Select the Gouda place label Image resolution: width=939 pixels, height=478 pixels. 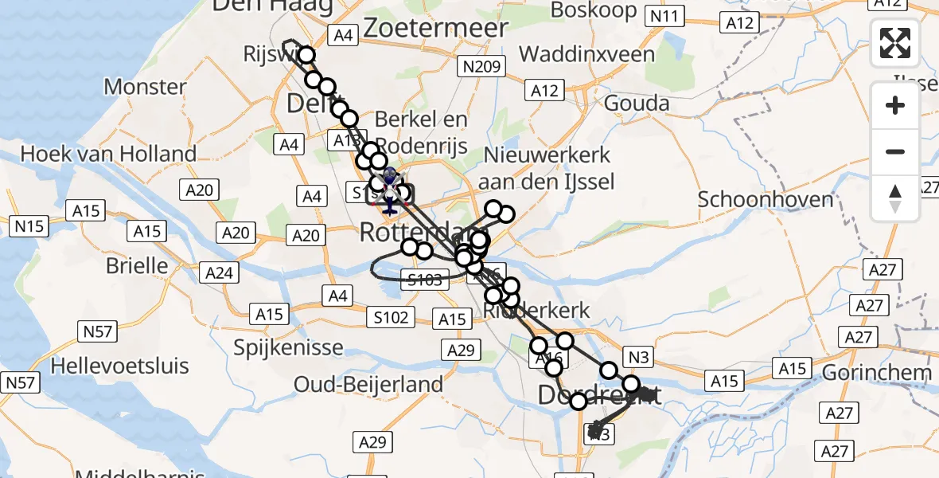(x=637, y=103)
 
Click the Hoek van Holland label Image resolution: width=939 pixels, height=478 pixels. (x=109, y=153)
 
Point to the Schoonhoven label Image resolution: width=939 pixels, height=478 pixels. (x=766, y=198)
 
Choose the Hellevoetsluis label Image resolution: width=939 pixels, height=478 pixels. (x=119, y=366)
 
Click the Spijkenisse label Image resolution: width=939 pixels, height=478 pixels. (x=288, y=347)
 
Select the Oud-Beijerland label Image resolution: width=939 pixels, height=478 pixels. (x=368, y=384)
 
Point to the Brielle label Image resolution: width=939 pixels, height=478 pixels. (x=138, y=265)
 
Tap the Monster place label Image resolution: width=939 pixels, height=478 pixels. (x=145, y=86)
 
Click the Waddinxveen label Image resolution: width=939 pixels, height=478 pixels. (x=586, y=54)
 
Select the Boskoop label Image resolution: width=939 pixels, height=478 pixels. (x=594, y=10)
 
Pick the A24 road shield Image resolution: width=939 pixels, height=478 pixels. (x=219, y=273)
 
